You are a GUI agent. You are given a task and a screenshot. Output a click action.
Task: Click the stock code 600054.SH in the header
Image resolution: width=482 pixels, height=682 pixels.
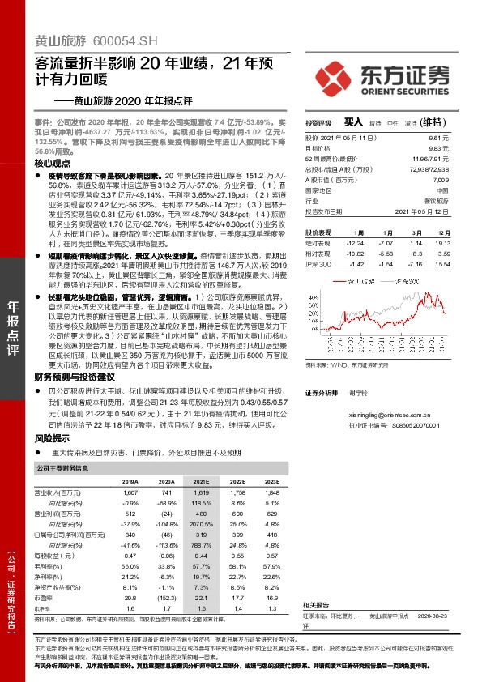[113, 39]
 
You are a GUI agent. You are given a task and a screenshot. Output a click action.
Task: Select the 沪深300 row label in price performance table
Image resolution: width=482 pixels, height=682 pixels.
[318, 264]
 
